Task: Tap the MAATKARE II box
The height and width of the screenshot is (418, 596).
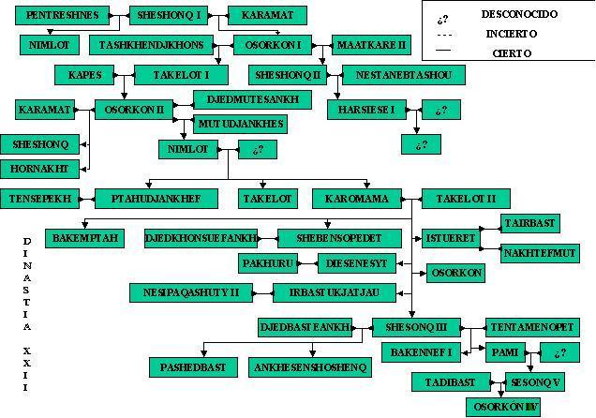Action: click(x=371, y=44)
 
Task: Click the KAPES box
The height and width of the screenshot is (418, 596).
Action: click(x=84, y=74)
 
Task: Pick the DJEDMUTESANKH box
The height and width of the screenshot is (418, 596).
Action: click(x=241, y=98)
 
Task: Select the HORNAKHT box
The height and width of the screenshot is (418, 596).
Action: click(x=39, y=169)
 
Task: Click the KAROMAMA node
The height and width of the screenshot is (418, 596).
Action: click(x=363, y=198)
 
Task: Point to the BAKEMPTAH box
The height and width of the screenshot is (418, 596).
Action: click(x=84, y=238)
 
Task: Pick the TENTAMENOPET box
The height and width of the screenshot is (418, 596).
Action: click(x=533, y=327)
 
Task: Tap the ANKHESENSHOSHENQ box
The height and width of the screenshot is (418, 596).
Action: click(x=309, y=366)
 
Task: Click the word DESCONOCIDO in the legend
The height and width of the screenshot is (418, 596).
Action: click(x=518, y=14)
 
